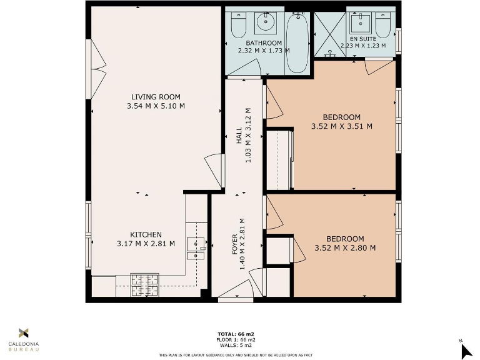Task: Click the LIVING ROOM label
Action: click(x=156, y=97)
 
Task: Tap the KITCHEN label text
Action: click(x=146, y=234)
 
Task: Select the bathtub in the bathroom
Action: click(x=297, y=44)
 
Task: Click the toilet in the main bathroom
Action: click(x=238, y=25)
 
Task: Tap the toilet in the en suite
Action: click(x=384, y=25)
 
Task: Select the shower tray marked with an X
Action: click(x=329, y=34)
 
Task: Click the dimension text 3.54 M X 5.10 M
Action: click(x=156, y=106)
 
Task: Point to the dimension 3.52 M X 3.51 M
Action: click(x=341, y=126)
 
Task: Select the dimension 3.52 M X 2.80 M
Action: click(x=345, y=247)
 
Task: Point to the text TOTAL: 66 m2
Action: click(x=237, y=334)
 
